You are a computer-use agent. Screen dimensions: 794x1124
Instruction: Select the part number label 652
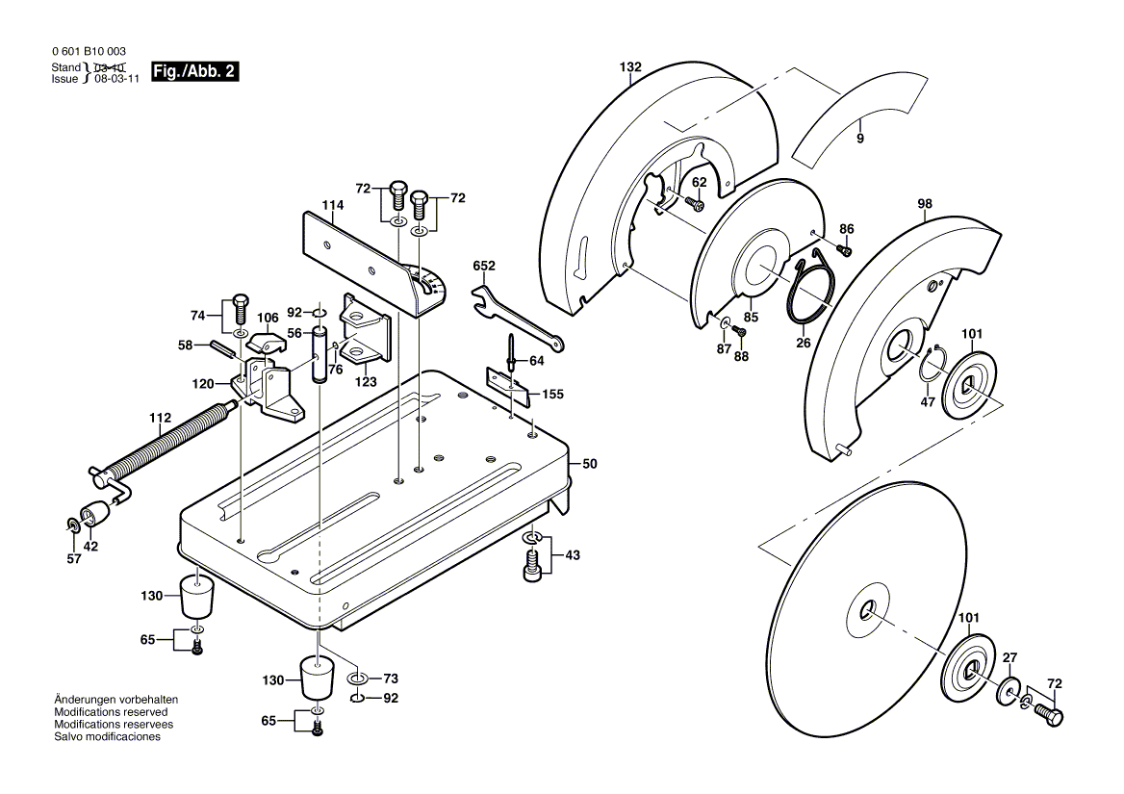click(x=483, y=265)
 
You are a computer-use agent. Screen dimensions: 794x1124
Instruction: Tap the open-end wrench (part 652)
click(x=516, y=317)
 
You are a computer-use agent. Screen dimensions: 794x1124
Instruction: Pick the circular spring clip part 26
click(x=808, y=289)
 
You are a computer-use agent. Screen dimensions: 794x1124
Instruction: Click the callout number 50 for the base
click(x=589, y=464)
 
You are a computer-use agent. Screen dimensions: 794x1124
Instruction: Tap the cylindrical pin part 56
click(x=319, y=356)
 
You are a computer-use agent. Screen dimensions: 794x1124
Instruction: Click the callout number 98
click(x=925, y=204)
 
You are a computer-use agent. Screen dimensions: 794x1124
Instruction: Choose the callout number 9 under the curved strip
click(x=860, y=139)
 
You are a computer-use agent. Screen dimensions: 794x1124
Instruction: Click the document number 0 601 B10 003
click(x=88, y=52)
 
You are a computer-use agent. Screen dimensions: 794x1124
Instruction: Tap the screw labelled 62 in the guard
click(x=696, y=203)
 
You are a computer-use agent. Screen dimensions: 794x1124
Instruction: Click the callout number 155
click(x=552, y=395)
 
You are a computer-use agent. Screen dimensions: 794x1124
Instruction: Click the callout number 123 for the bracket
click(x=365, y=380)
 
